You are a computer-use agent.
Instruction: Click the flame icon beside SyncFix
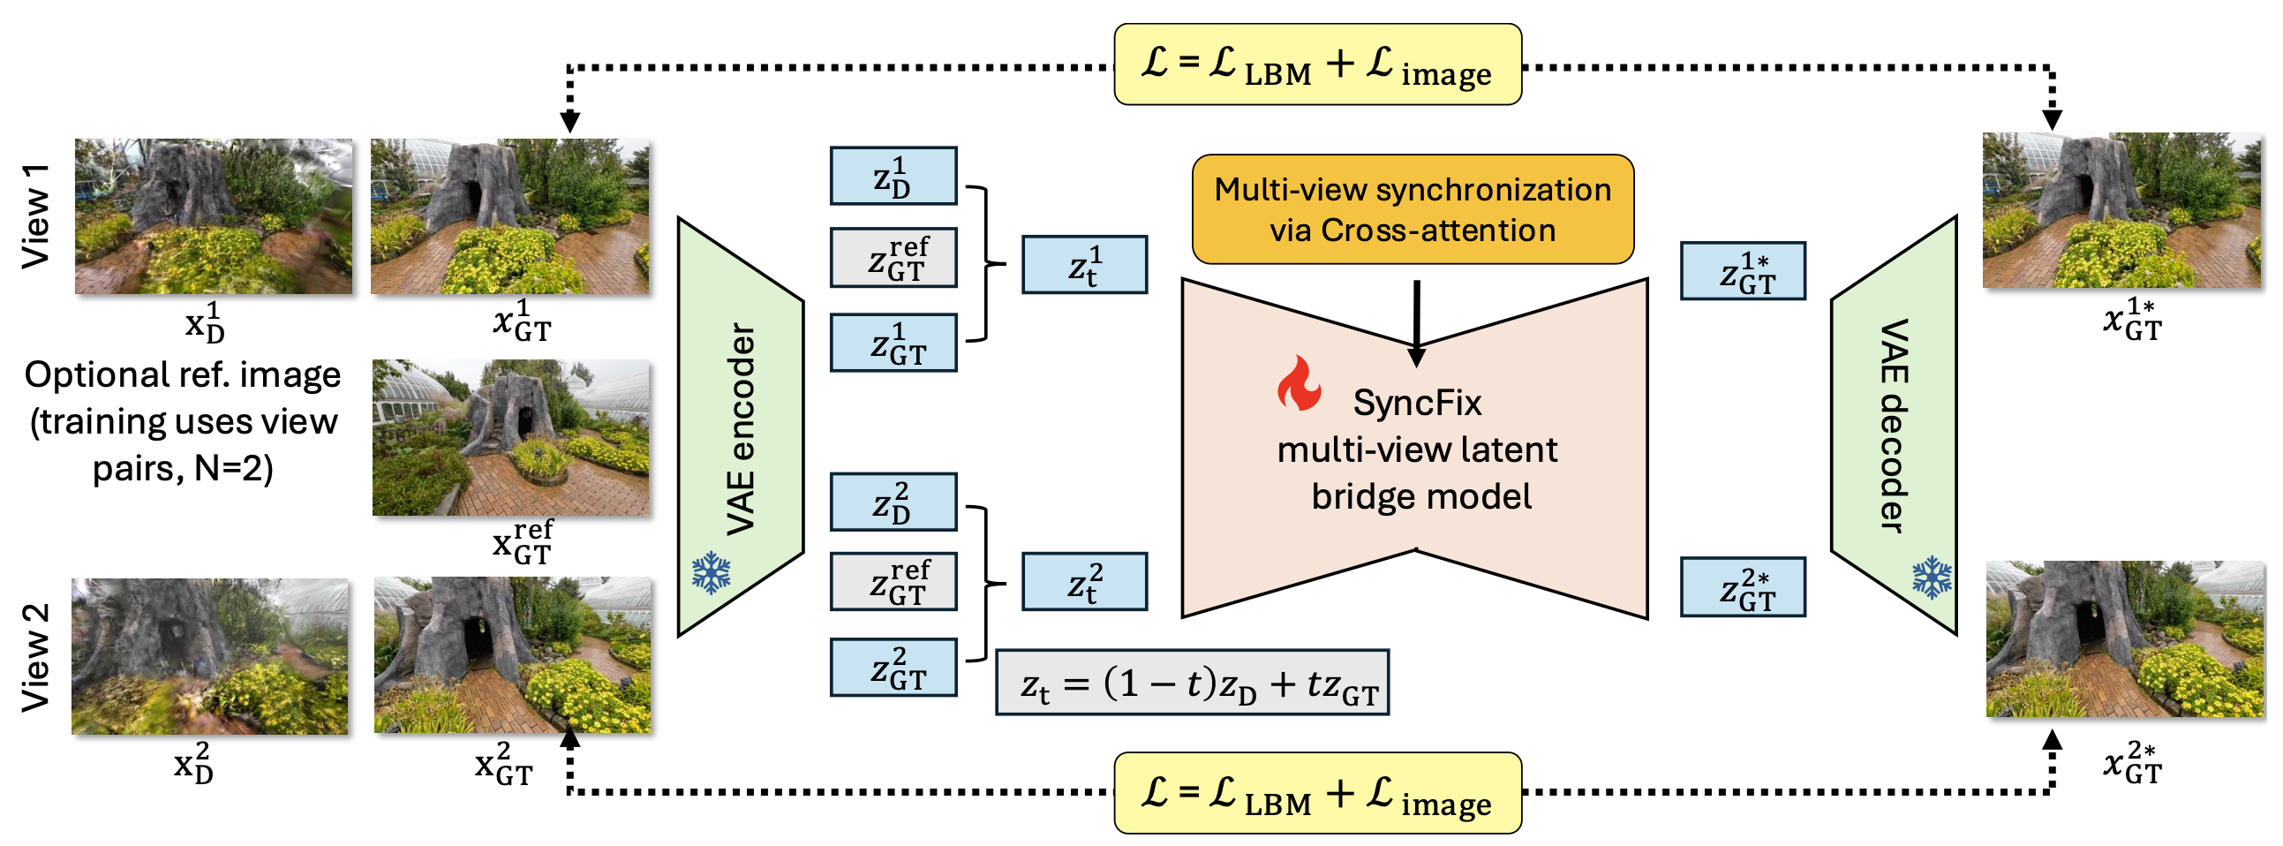pos(1299,384)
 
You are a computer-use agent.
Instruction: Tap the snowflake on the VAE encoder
pos(711,573)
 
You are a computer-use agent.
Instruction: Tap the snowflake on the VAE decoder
pos(1932,578)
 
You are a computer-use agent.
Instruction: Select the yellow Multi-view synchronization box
pos(1412,209)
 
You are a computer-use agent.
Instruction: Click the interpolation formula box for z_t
pos(1192,683)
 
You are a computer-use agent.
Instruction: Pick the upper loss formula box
pos(1317,64)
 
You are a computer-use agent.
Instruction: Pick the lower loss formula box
pos(1317,793)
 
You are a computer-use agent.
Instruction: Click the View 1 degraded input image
pos(213,215)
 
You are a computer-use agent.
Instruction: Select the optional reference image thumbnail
pos(510,437)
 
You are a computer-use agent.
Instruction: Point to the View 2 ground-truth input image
pos(512,655)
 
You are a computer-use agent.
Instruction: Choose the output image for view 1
pos(2121,210)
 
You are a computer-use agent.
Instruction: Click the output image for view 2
pos(2124,638)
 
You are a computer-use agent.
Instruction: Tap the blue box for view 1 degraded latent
pos(893,176)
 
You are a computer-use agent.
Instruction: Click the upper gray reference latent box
pos(893,258)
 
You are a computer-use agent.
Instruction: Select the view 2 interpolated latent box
pos(1084,582)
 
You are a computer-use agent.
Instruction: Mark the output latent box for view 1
pos(1743,270)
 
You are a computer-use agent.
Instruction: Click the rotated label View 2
pos(35,657)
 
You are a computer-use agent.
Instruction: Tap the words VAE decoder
pos(1894,426)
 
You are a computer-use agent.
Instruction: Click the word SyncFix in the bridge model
pos(1416,404)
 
